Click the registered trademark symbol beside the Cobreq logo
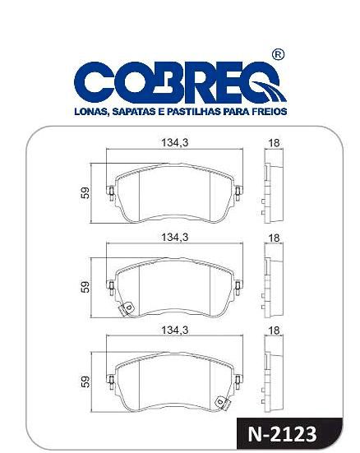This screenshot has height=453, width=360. [278, 55]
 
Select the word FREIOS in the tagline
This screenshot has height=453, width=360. [269, 109]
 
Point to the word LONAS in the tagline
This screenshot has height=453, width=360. [90, 109]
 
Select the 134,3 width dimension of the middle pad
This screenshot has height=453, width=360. [173, 237]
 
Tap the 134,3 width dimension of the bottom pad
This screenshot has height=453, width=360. [173, 330]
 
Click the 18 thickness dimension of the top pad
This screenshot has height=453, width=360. [274, 143]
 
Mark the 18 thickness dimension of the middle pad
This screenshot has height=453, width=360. [274, 237]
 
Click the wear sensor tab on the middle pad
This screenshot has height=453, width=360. [127, 309]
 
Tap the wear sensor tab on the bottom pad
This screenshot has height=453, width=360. [220, 401]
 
